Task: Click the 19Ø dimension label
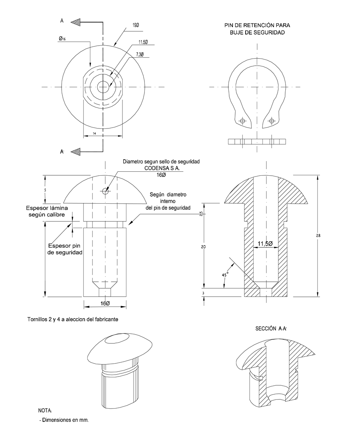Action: [x=136, y=25]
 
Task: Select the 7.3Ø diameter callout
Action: [x=140, y=54]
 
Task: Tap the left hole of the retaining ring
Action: [x=242, y=121]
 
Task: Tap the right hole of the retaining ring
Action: [x=272, y=121]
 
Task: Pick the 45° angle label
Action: [x=225, y=275]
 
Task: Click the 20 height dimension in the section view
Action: [x=203, y=247]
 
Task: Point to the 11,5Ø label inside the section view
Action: [x=265, y=244]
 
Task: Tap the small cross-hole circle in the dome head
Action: [x=105, y=191]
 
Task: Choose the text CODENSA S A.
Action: [x=161, y=168]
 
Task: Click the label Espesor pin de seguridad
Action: [x=65, y=249]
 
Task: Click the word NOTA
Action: [x=45, y=411]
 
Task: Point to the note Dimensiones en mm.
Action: [x=64, y=420]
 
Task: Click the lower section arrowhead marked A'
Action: [x=76, y=151]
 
